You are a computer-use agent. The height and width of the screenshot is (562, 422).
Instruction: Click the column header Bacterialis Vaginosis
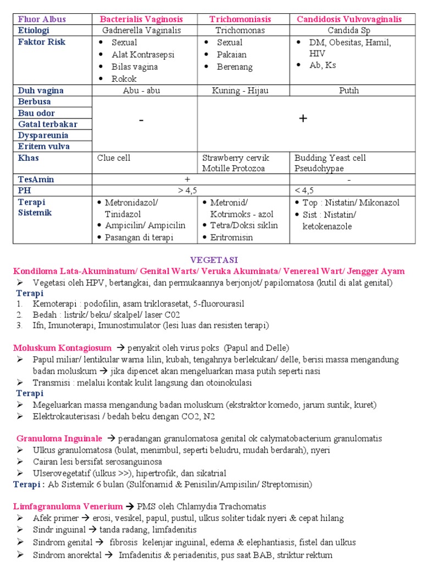click(145, 19)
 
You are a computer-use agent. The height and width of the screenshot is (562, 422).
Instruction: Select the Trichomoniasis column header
click(243, 19)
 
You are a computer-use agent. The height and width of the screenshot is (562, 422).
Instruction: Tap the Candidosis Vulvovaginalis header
click(349, 19)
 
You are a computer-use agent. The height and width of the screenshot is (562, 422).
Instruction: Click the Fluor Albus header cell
click(42, 19)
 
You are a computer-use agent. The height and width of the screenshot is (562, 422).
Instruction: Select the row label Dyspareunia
click(43, 135)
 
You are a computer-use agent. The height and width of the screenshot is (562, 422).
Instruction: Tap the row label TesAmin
click(36, 179)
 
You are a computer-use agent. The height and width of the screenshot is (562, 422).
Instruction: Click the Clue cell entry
click(114, 158)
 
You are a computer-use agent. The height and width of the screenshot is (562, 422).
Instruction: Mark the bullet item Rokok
click(124, 78)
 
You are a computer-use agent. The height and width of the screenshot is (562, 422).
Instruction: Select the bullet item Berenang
click(235, 67)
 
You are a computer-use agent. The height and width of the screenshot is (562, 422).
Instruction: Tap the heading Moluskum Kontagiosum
click(62, 348)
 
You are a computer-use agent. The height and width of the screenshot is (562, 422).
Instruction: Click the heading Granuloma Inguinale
click(59, 439)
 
